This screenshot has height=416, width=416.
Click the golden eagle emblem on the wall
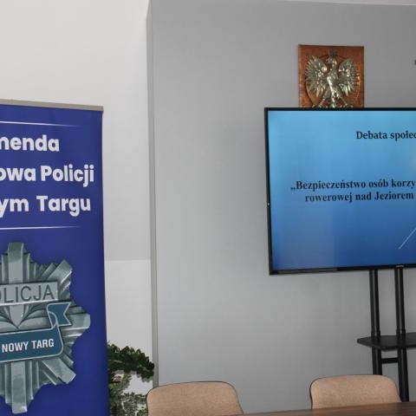click(331, 76)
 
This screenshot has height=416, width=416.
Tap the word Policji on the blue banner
click(64, 173)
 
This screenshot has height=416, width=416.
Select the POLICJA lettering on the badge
click(26, 292)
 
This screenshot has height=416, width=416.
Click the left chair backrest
click(194, 400)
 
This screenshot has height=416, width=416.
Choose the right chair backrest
click(354, 391)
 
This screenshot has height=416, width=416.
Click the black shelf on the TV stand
click(387, 341)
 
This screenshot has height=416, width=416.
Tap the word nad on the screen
click(366, 198)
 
